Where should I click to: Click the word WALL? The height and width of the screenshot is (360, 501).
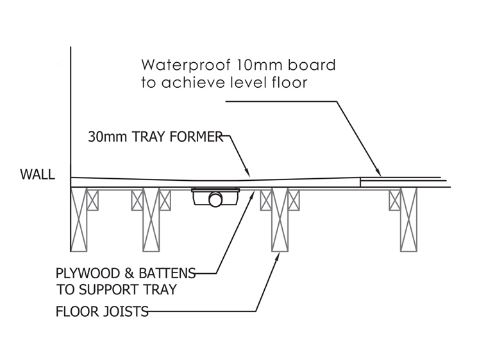37,174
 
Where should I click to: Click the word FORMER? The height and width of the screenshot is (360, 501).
196,137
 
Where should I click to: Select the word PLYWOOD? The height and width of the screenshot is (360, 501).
88,273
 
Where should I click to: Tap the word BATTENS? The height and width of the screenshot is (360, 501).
167,273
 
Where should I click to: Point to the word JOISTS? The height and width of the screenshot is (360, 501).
124,312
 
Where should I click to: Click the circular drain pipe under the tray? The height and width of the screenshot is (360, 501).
216,199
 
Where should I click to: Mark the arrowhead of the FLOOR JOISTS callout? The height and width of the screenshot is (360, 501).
277,257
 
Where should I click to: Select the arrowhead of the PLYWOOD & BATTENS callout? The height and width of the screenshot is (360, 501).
252,195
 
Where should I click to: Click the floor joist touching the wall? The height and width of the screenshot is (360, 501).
79,220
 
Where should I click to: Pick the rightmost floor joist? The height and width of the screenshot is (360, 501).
409,220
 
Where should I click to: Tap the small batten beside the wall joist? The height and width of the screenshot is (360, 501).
93,200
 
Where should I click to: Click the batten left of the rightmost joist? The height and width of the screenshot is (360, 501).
395,200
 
